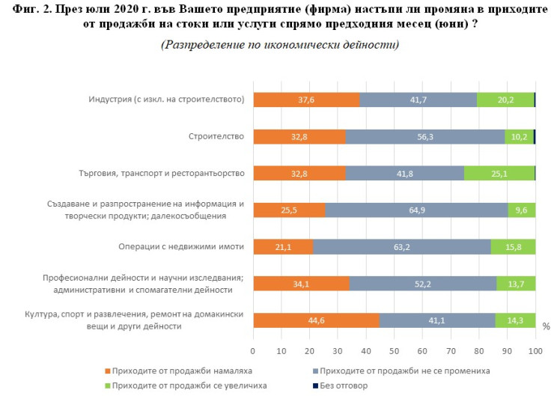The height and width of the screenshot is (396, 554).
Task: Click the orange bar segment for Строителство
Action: (299, 136)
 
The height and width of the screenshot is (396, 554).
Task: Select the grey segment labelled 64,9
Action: (416, 210)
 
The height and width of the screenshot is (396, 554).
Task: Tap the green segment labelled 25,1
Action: (499, 173)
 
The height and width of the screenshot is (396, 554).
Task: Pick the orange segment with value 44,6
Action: (316, 320)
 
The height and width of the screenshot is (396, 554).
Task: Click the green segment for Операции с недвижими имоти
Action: (513, 246)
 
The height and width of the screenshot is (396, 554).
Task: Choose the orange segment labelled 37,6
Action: (306, 100)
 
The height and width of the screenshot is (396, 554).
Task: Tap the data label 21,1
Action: (282, 246)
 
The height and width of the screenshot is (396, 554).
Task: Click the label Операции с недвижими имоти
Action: (181, 246)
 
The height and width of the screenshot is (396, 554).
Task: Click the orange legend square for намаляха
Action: (109, 370)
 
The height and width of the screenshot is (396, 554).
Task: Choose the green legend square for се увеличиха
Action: (109, 386)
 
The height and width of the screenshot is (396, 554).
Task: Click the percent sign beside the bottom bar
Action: (546, 326)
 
